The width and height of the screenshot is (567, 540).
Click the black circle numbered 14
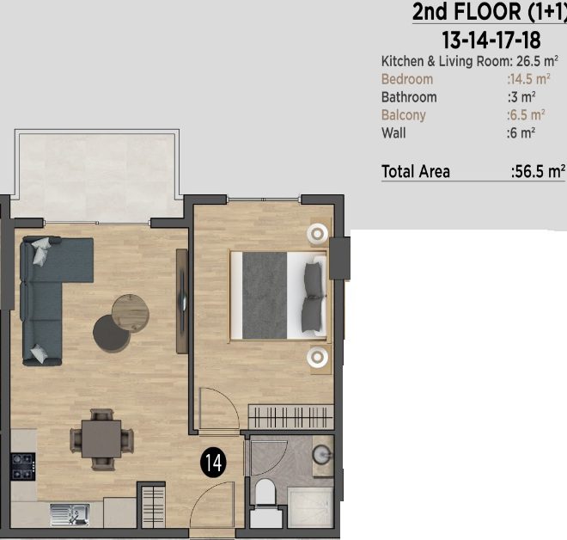[x=214, y=462]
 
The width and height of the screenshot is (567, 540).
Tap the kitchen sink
[x=70, y=514]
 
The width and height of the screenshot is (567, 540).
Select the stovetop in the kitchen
[x=23, y=467]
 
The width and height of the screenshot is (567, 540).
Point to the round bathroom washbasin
[x=321, y=455]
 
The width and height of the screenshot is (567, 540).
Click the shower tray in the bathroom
[x=310, y=507]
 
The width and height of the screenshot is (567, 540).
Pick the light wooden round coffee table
[x=131, y=314]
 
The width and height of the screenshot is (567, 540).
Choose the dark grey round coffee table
[x=112, y=333]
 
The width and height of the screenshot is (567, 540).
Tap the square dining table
[x=101, y=439]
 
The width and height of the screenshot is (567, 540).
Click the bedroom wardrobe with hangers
[x=291, y=416]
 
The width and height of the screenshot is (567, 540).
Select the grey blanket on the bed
[x=265, y=295]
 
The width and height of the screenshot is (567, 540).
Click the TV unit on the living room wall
[x=182, y=301]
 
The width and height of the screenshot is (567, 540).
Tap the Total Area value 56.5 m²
[x=538, y=171]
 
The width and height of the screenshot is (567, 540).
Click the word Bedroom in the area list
[x=407, y=79]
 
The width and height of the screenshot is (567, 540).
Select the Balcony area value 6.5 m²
[x=526, y=114]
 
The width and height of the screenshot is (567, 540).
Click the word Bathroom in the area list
[x=409, y=97]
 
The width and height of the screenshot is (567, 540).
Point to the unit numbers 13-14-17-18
[x=491, y=40]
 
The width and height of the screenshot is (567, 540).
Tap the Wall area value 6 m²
[x=521, y=132]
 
